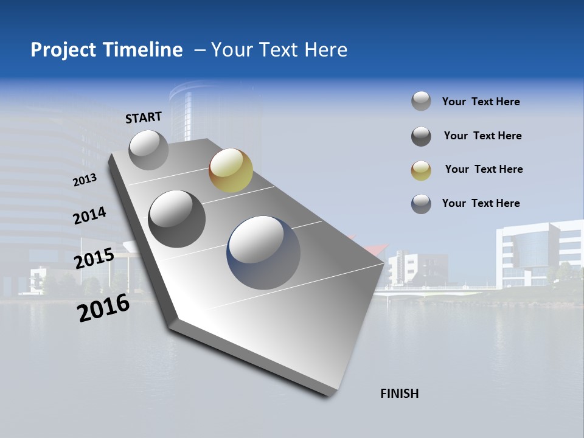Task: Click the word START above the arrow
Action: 144,117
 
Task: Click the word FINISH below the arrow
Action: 400,394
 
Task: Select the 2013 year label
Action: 85,180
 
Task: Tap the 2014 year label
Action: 89,216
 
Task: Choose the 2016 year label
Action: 103,308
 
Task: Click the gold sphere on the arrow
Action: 231,170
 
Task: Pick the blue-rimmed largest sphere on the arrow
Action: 263,252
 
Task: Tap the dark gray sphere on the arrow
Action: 177,218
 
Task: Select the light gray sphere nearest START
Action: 148,150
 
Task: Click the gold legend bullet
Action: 421,170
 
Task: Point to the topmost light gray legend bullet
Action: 421,102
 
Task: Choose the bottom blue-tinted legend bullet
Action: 421,204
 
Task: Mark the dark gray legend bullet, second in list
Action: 421,136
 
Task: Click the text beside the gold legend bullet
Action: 484,169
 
